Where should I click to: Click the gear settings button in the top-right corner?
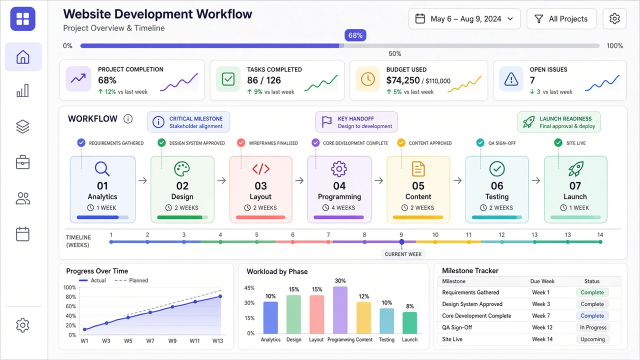coord(614,19)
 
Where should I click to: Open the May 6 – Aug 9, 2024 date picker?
coord(464,19)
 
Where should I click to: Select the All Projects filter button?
coord(561,19)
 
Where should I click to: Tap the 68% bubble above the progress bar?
coord(355,35)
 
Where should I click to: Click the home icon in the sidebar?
coord(23,57)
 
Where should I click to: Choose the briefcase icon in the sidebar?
coord(23,162)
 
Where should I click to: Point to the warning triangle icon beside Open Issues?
coord(511,79)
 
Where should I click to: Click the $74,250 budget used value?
coord(403,80)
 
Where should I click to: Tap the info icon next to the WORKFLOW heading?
coord(128,118)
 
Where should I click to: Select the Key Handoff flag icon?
coord(326,122)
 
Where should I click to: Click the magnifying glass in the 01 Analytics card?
coord(102,169)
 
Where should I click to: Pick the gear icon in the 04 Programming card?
coord(339,168)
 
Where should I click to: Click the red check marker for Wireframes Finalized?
coord(241,142)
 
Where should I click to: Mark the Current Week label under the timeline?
coord(403,254)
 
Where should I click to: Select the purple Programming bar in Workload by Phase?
coord(340,310)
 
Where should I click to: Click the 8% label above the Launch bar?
coord(409,306)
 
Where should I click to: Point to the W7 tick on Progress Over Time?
coord(150,341)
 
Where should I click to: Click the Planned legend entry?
coord(131,280)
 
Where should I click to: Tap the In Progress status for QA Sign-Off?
coord(593,327)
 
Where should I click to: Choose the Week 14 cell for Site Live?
coord(542,339)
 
